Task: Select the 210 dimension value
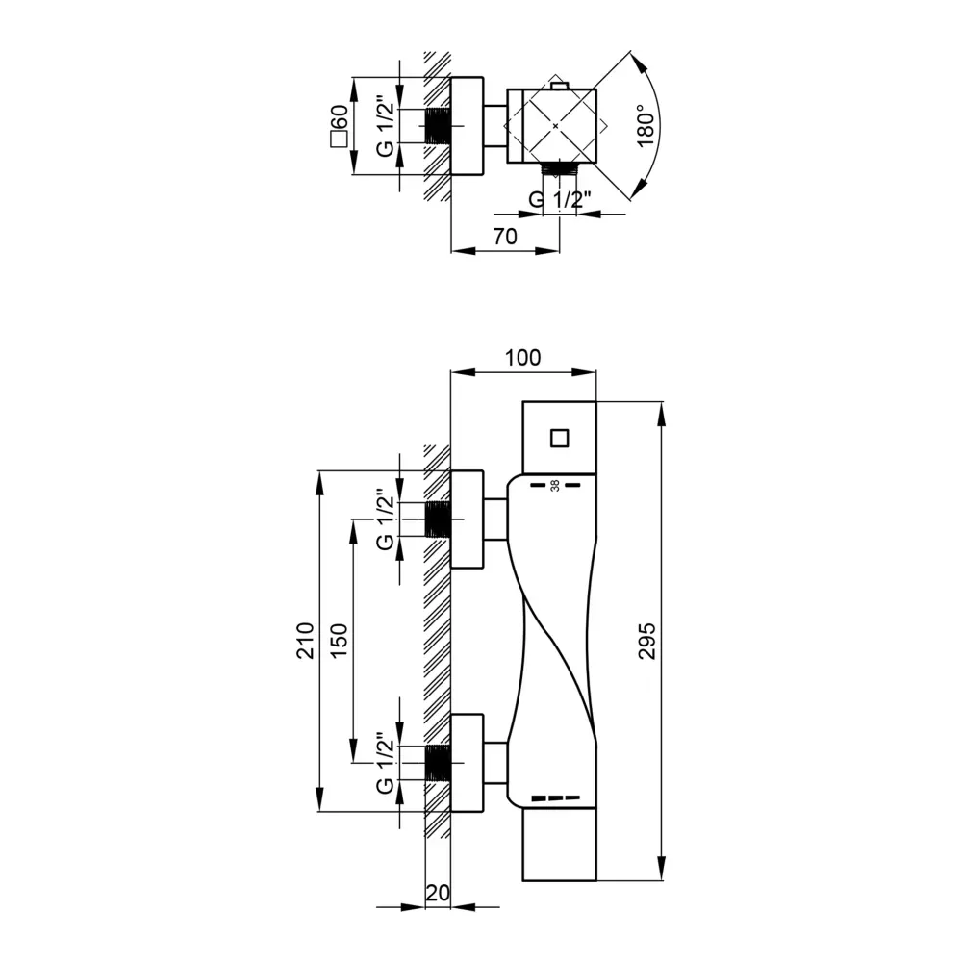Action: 305,640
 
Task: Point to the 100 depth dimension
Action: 522,358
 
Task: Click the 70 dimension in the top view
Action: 504,237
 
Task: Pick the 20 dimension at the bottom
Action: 437,893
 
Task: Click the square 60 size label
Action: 338,125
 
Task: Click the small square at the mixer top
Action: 560,438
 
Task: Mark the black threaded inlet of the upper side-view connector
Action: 439,519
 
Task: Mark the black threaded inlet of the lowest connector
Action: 439,763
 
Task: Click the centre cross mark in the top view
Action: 557,126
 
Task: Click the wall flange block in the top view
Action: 467,126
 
